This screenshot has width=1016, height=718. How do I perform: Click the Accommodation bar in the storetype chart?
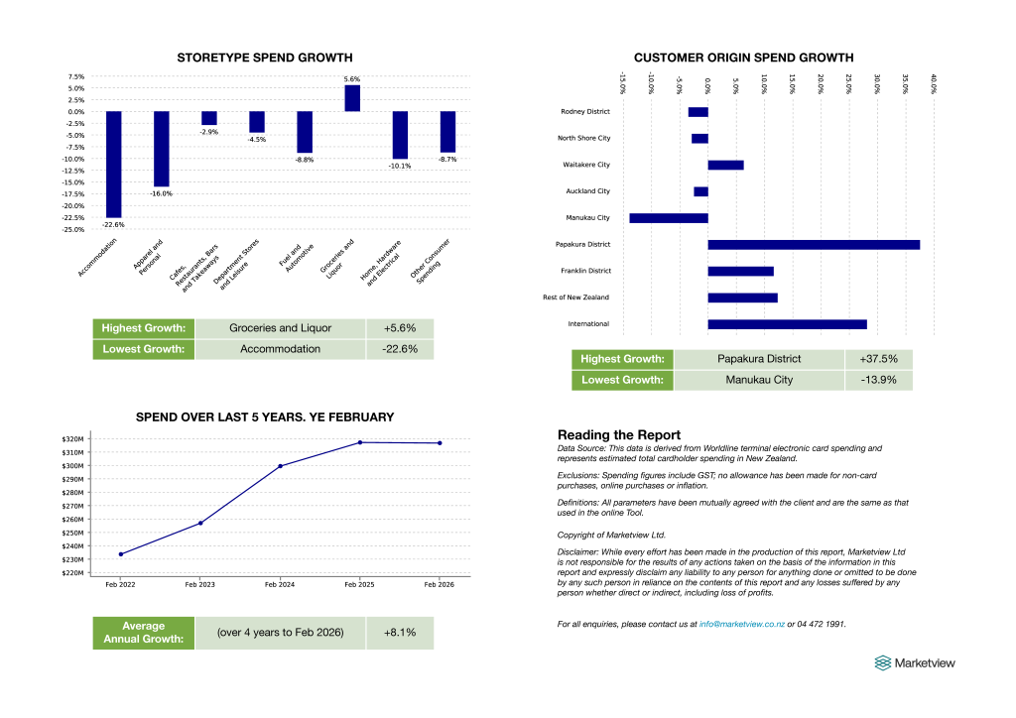[x=113, y=164]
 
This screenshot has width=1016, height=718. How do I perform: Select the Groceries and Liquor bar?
[x=352, y=98]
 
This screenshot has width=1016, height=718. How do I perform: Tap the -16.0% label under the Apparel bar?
[x=161, y=193]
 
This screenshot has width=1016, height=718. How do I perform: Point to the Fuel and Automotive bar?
[x=305, y=132]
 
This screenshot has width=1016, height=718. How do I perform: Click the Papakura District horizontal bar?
[x=814, y=244]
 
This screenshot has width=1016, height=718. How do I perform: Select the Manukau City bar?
[x=669, y=217]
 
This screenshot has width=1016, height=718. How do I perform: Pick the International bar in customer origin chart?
[x=787, y=324]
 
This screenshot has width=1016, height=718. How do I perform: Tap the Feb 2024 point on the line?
[x=280, y=466]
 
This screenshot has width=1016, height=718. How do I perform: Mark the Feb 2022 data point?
[x=120, y=554]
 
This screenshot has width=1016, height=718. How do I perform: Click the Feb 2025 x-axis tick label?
[x=359, y=585]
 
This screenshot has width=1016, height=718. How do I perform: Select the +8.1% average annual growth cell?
[x=401, y=633]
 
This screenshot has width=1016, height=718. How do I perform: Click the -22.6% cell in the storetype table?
[x=400, y=349]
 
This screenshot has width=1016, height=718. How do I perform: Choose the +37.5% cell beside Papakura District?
[x=879, y=359]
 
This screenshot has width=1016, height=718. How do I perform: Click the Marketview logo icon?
[x=882, y=662]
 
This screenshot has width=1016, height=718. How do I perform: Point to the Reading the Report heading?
[x=619, y=434]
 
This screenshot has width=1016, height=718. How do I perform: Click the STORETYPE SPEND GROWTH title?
[x=264, y=58]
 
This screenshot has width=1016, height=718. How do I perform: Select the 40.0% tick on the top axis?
[x=934, y=82]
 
